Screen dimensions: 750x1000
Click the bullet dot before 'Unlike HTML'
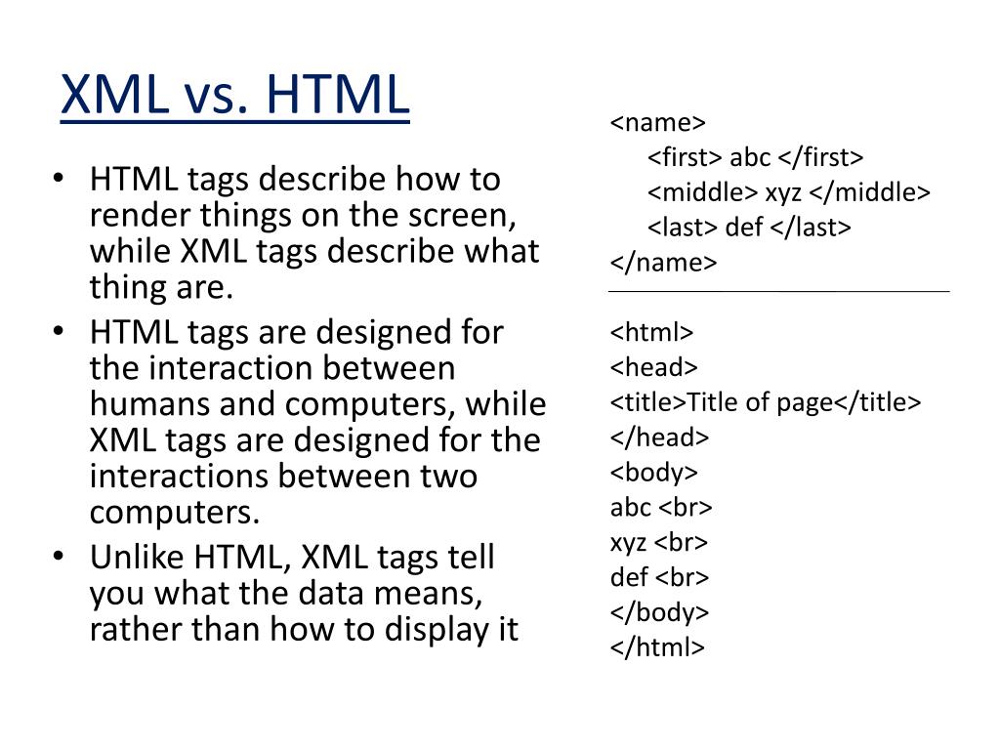point(59,557)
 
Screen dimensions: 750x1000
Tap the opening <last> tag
point(684,228)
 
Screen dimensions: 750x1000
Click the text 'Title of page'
point(760,402)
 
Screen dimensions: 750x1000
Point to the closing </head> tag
point(659,437)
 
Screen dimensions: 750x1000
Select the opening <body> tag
point(654,473)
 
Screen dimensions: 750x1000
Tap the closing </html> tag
point(657,646)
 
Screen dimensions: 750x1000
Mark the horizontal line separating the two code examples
point(778,291)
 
